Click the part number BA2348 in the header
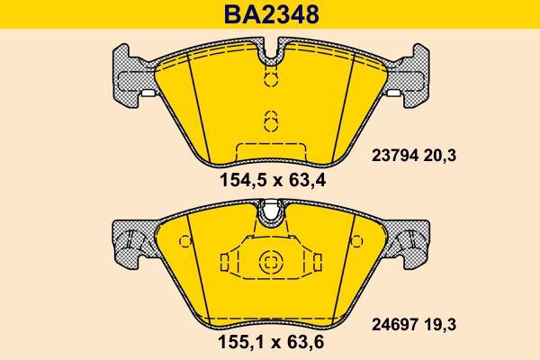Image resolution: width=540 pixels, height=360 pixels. click(x=271, y=15)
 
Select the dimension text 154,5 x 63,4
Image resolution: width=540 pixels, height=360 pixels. click(x=271, y=180)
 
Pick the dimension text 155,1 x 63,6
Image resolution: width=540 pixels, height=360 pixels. click(x=271, y=343)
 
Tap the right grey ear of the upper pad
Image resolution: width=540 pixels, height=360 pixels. click(x=409, y=73)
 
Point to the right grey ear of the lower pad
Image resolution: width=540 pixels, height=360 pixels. click(x=409, y=242)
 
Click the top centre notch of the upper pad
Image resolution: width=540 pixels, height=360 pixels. click(x=271, y=56)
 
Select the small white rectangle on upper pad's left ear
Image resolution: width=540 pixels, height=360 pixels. click(x=146, y=93)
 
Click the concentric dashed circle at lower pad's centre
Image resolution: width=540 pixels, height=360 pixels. click(x=271, y=263)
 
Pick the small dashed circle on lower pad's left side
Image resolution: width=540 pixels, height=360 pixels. click(x=185, y=241)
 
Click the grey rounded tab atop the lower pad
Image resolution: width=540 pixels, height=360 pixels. click(x=271, y=211)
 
